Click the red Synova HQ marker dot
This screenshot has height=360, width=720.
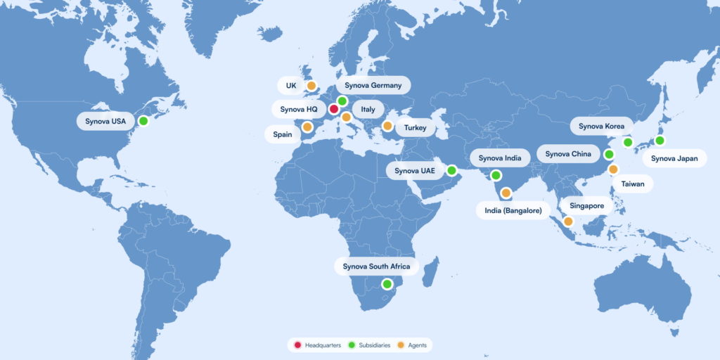click(334, 109)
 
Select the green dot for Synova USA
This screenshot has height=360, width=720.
click(143, 121)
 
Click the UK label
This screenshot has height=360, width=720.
click(290, 86)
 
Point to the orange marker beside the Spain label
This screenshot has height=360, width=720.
click(307, 127)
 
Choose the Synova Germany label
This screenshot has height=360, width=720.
click(373, 86)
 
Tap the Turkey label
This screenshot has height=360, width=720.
click(416, 128)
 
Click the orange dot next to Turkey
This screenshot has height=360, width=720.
click(387, 126)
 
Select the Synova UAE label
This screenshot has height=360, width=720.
click(415, 171)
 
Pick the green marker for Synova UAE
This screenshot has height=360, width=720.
click(451, 170)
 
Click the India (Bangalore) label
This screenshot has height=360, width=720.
click(513, 210)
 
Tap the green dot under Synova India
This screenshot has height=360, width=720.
click(496, 175)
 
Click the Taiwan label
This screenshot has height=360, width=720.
click(633, 184)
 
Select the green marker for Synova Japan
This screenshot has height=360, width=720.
click(660, 140)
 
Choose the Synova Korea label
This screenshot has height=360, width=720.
click(600, 127)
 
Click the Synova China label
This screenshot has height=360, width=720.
click(567, 154)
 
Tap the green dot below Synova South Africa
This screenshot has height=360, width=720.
click(387, 284)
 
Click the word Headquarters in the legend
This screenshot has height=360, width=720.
click(323, 345)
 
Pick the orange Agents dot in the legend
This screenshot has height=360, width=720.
click(400, 345)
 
